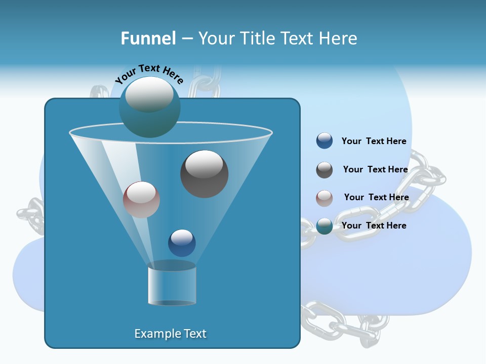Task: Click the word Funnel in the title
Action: coord(148,38)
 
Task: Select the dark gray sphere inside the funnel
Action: coord(204,174)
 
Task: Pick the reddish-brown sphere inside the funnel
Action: coord(141,200)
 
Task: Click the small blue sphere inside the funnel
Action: coord(182,243)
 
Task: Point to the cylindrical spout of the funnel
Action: coord(172,286)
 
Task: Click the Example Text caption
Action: coord(171,334)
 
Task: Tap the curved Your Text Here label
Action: coord(149,74)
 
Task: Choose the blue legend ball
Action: coord(325,141)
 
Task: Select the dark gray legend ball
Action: coord(325,170)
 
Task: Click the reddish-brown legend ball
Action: coord(325,198)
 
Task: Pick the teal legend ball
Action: coord(325,226)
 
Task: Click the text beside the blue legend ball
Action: coord(374,141)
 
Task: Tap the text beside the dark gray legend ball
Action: coord(375,169)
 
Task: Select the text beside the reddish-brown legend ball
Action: coord(376,197)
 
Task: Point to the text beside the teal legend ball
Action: coord(374,225)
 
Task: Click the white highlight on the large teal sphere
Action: coord(149,94)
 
